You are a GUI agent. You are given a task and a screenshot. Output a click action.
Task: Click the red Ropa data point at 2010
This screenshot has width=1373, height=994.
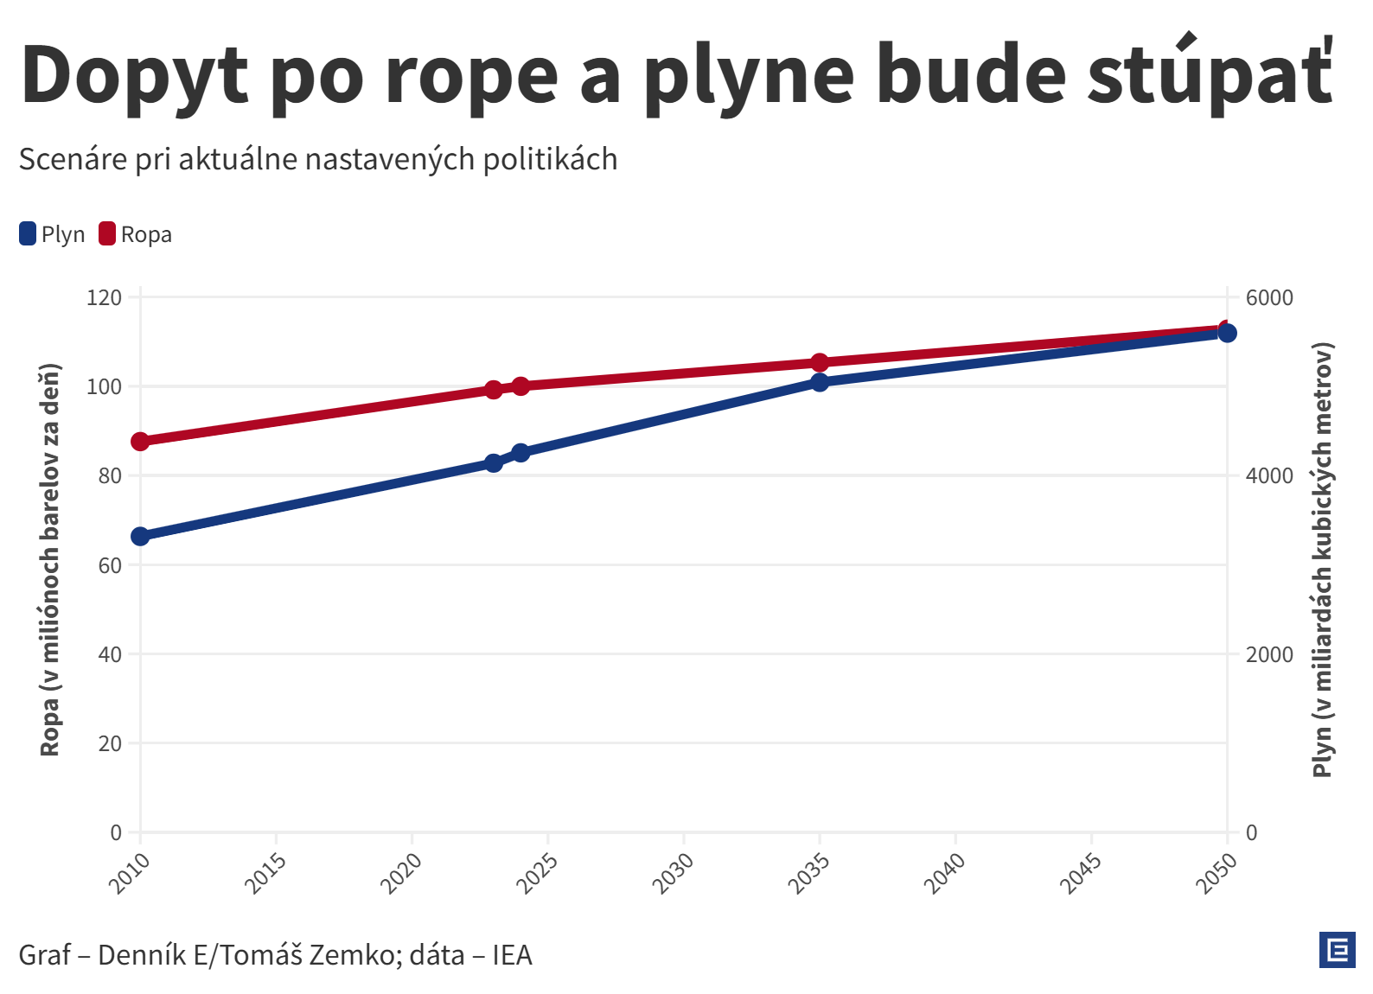tap(140, 442)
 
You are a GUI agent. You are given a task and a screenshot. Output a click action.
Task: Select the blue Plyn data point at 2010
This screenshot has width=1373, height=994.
tap(140, 536)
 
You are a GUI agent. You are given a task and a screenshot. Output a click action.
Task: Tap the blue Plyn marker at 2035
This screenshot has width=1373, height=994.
tap(820, 382)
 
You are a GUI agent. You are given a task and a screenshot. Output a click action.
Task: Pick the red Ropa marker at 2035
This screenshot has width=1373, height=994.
tap(820, 362)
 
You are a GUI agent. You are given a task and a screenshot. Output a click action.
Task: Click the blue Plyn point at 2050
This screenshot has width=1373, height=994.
tap(1227, 334)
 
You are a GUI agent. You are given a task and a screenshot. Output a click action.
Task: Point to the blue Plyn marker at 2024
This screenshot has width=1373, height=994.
tap(520, 453)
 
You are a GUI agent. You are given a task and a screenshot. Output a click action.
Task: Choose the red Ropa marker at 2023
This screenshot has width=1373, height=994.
tap(494, 390)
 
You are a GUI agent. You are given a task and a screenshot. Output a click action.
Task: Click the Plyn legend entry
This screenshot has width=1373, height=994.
tap(53, 234)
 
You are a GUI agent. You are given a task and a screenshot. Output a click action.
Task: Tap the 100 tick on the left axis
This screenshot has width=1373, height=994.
tap(105, 386)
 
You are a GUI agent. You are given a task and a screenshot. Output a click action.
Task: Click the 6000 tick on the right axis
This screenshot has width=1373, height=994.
tap(1269, 298)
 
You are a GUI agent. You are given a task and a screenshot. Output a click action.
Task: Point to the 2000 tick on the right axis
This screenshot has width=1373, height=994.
tap(1269, 654)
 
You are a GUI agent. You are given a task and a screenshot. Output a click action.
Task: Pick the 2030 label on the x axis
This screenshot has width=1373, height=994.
tap(673, 873)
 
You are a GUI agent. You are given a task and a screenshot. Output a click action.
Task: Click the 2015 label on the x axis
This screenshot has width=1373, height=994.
tap(265, 873)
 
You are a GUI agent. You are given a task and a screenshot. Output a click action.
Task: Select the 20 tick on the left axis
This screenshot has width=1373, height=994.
tap(110, 743)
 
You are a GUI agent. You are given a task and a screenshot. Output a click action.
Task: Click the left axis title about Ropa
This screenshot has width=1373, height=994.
tap(50, 560)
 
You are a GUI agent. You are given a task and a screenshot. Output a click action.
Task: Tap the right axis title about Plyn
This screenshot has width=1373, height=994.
tap(1323, 560)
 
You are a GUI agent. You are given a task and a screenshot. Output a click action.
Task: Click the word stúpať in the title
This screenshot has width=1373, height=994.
tap(1210, 76)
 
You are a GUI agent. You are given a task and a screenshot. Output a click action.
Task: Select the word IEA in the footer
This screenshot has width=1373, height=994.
tap(512, 955)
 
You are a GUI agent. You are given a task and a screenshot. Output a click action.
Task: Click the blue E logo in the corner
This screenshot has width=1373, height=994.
tap(1338, 951)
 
